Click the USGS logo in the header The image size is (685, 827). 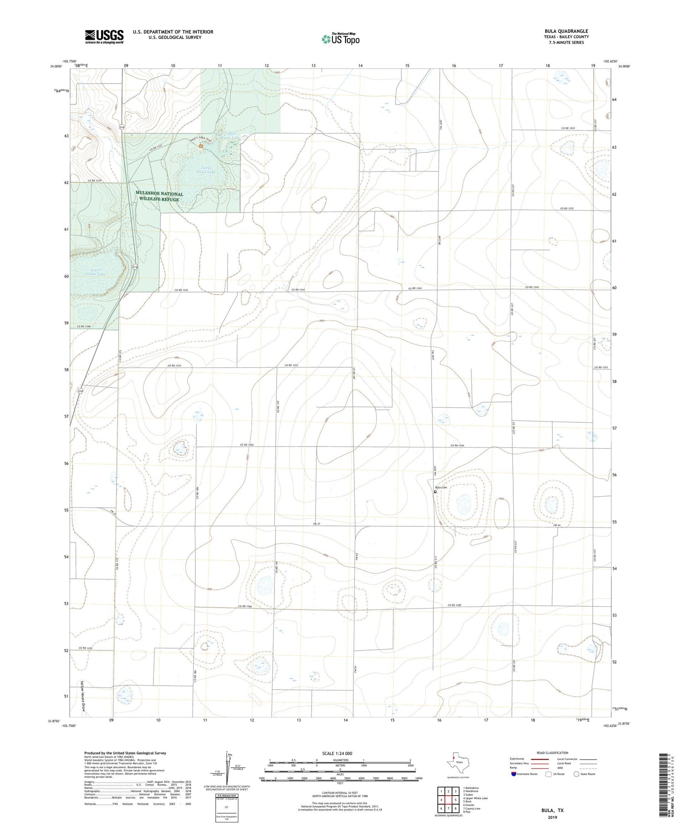[104, 36]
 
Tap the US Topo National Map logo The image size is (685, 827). [340, 39]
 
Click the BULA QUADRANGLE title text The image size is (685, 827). [566, 31]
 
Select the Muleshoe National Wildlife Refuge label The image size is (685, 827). [159, 197]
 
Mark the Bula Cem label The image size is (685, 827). [441, 488]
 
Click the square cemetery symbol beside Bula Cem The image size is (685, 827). [435, 492]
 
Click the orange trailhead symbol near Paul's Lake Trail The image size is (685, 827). [201, 146]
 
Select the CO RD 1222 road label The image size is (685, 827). [570, 129]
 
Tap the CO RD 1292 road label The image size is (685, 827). [85, 648]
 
